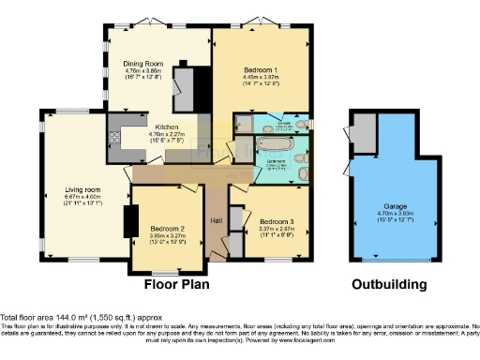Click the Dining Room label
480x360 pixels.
pyautogui.click(x=143, y=63)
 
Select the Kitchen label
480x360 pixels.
pyautogui.click(x=142, y=127)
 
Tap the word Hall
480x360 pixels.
pyautogui.click(x=216, y=219)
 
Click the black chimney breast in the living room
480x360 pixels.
pyautogui.click(x=129, y=220)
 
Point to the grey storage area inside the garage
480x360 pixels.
pyautogui.click(x=361, y=137)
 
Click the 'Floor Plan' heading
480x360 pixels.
pyautogui.click(x=175, y=284)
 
